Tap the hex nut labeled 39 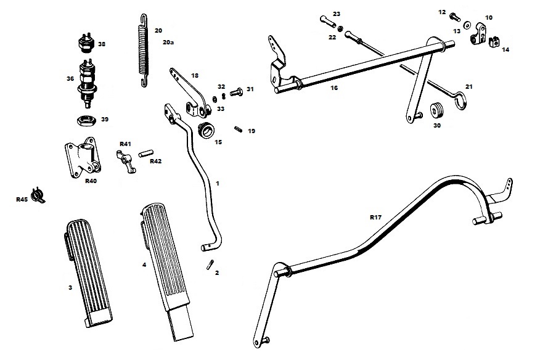pyautogui.click(x=86, y=121)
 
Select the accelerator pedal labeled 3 pyautogui.click(x=88, y=272)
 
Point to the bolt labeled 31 pyautogui.click(x=236, y=92)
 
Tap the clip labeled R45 pyautogui.click(x=38, y=195)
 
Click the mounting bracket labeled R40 pyautogui.click(x=83, y=157)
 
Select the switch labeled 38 pyautogui.click(x=86, y=43)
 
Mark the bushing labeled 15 pyautogui.click(x=206, y=129)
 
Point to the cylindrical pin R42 pyautogui.click(x=145, y=153)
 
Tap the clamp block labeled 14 pyautogui.click(x=494, y=42)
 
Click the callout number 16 pyautogui.click(x=334, y=88)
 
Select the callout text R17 pyautogui.click(x=376, y=218)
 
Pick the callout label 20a pyautogui.click(x=168, y=43)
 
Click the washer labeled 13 pyautogui.click(x=468, y=25)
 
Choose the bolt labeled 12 pyautogui.click(x=454, y=16)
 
